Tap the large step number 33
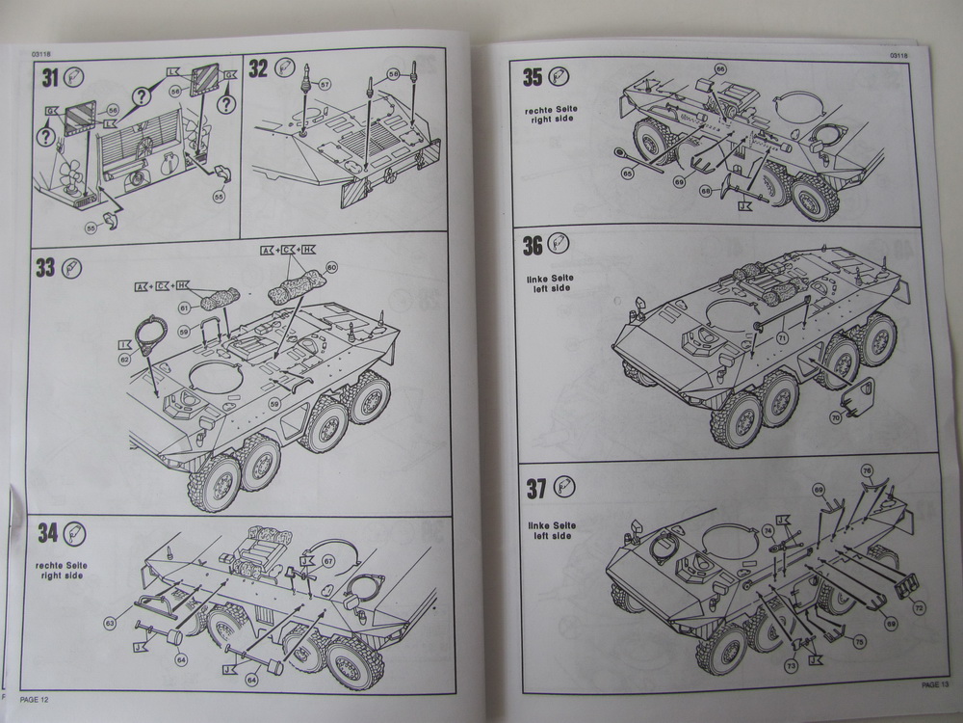point(45,267)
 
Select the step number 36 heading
point(533,245)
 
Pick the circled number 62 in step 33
point(124,359)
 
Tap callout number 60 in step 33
point(331,265)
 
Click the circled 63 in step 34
point(110,624)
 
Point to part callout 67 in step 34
point(328,561)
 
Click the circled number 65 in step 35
point(627,174)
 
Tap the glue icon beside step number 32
point(284,67)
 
